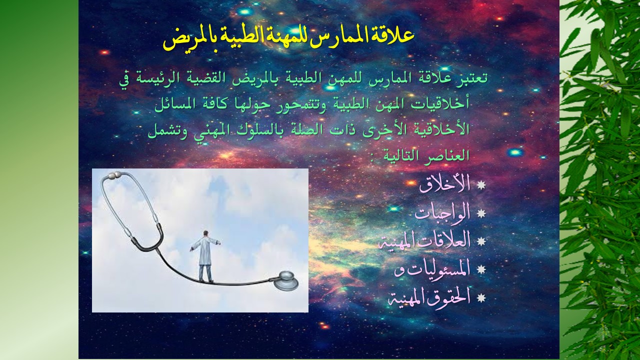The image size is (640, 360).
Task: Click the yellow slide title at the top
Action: point(288,39)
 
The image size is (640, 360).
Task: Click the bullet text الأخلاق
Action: point(444,185)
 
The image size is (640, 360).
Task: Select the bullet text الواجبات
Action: point(442,213)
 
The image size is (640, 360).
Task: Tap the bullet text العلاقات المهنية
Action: point(424,241)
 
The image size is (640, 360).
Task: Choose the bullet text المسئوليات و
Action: point(432,270)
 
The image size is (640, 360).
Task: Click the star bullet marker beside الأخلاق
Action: point(481,185)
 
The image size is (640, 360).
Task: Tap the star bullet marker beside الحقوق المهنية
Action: point(481,298)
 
